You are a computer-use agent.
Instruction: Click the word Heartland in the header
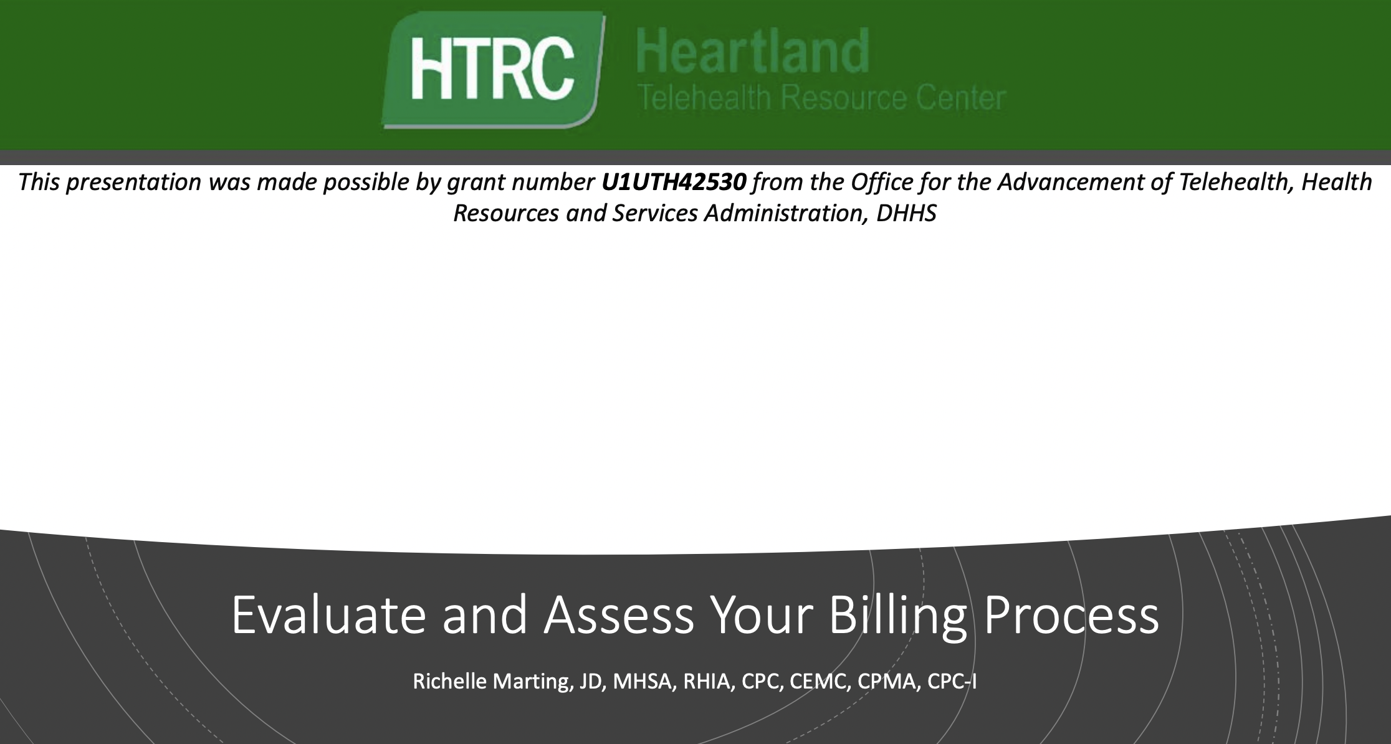[753, 51]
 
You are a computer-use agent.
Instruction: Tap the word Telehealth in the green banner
[704, 98]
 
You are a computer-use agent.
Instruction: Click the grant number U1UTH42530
[674, 182]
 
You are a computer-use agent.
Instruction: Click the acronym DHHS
[906, 213]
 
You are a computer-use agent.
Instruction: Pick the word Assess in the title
[618, 616]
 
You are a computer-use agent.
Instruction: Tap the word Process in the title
[1071, 616]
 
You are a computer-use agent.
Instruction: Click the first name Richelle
[449, 681]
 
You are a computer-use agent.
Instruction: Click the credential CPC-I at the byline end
[952, 681]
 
